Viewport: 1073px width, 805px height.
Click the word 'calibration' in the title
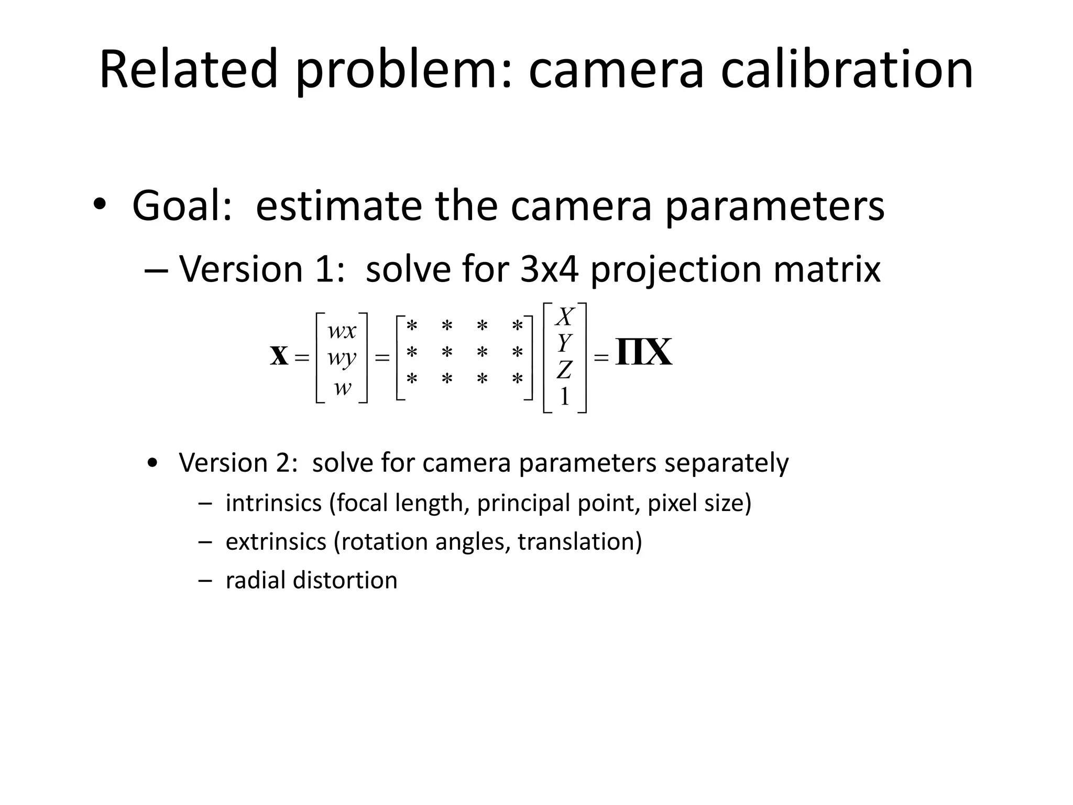point(847,69)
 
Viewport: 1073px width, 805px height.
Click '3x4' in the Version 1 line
point(550,269)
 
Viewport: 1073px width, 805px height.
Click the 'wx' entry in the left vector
point(342,331)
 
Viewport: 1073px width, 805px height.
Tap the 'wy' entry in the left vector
point(342,358)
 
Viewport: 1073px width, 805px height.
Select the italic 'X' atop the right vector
point(565,317)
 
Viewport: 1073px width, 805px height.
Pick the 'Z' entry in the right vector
point(564,370)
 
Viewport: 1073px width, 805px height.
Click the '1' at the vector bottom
point(564,397)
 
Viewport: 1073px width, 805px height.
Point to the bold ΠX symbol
point(643,353)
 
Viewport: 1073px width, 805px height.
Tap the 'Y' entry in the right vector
point(564,343)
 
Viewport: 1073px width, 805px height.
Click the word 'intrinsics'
point(273,503)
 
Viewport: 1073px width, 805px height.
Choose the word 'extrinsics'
point(276,542)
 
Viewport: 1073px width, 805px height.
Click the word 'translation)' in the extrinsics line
point(579,542)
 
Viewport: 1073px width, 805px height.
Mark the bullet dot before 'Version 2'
point(152,464)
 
